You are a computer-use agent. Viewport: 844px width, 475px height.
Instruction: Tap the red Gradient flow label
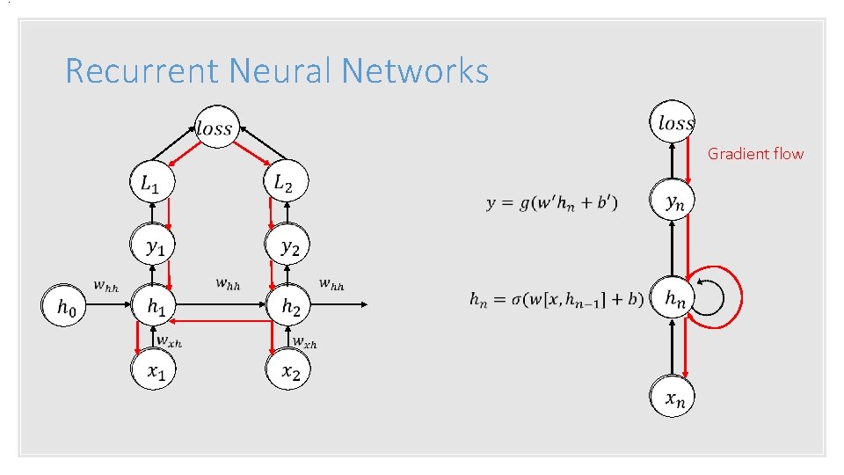point(755,154)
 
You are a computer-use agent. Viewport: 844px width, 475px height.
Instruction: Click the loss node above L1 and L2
point(214,128)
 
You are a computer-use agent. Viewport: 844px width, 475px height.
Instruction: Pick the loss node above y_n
point(675,123)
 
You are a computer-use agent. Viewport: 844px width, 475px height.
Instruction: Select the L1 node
point(152,184)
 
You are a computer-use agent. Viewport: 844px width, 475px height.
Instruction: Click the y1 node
point(154,247)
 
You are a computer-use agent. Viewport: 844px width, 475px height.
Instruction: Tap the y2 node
point(288,247)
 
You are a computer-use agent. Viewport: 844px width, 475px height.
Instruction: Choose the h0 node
point(65,306)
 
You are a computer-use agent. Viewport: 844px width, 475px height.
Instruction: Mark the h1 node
point(154,306)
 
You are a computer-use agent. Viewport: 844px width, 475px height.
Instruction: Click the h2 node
point(288,306)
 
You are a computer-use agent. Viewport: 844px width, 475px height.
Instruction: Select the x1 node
point(154,371)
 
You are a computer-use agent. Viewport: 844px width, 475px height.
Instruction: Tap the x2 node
point(288,371)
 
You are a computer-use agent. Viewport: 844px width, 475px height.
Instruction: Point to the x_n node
point(673,398)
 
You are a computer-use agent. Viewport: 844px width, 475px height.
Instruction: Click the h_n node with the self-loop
point(673,299)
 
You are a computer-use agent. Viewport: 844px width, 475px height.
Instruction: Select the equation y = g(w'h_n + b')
point(551,203)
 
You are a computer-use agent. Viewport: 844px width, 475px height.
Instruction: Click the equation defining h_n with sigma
point(556,300)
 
